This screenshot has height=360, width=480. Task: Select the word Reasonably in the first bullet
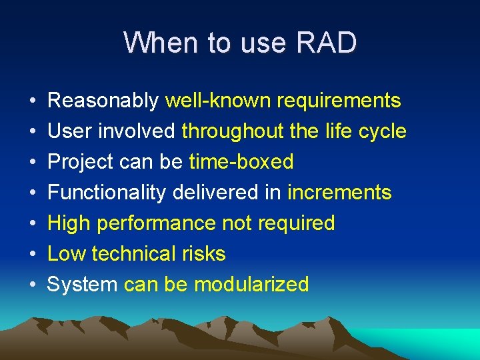(x=103, y=101)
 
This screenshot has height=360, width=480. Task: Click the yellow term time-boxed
(x=241, y=162)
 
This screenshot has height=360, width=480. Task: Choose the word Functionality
(x=107, y=193)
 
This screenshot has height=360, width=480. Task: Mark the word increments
(x=339, y=193)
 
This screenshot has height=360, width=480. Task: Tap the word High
(x=69, y=223)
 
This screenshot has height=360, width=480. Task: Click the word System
(x=82, y=285)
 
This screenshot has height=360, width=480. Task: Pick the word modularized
(x=251, y=285)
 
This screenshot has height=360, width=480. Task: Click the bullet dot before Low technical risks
(x=33, y=255)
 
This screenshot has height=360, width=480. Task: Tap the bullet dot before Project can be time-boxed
(x=33, y=163)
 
